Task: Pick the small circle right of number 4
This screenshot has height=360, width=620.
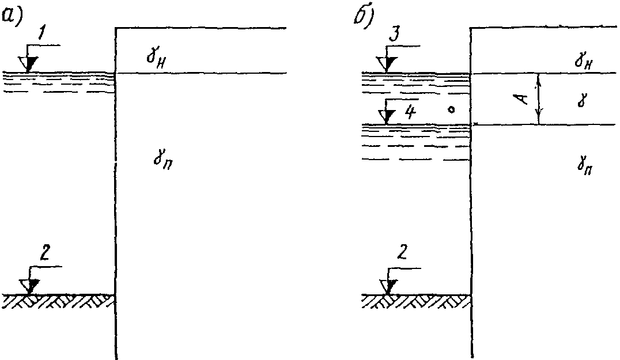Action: [452, 108]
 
